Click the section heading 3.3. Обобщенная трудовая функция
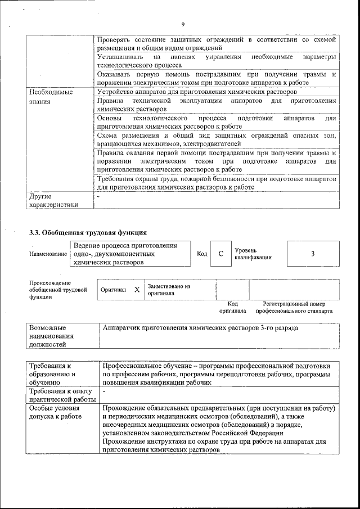(88, 232)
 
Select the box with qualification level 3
(313, 254)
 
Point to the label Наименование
(47, 254)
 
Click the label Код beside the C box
(202, 254)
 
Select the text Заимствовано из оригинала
(169, 290)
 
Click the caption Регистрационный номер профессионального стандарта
(294, 307)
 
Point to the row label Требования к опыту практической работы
(62, 395)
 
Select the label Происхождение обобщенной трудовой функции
(58, 290)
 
